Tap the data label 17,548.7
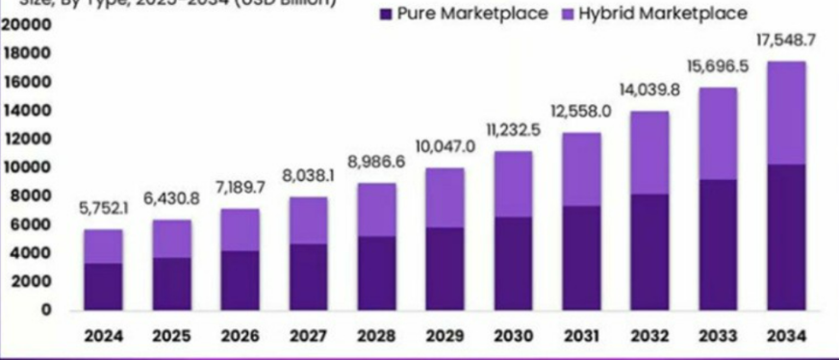click(785, 40)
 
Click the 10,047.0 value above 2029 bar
click(444, 146)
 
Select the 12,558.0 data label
click(580, 112)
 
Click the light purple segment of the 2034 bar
click(785, 113)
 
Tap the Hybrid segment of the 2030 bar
click(512, 184)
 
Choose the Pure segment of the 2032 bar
click(648, 251)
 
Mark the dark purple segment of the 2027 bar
click(307, 276)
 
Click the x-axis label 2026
click(239, 337)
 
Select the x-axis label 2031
click(580, 337)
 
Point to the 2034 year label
click(785, 337)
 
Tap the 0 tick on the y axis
click(45, 310)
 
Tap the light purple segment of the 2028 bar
click(375, 209)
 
